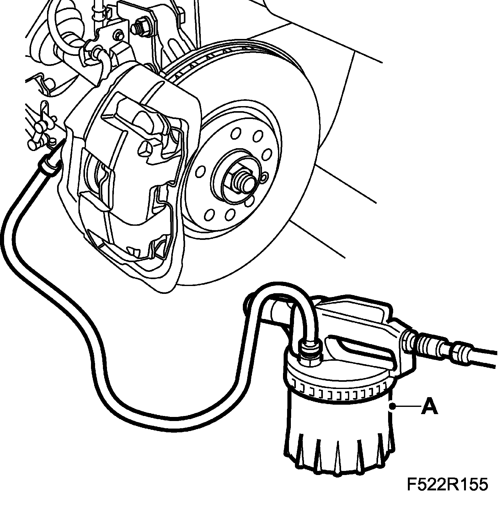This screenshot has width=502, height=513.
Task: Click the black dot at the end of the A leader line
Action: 392,407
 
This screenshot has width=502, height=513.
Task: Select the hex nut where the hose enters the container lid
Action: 309,354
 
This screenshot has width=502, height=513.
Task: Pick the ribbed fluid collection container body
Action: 339,440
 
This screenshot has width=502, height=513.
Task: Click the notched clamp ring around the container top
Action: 339,392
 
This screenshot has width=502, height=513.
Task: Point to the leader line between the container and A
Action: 408,407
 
